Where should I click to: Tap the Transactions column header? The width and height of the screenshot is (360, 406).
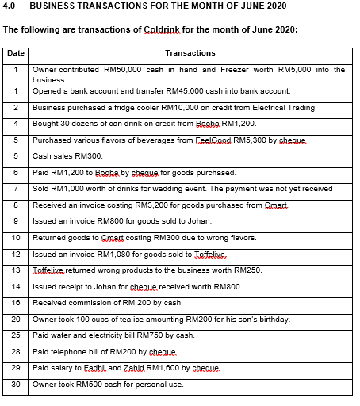pos(190,53)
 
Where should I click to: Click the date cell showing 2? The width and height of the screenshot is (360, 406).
pos(15,108)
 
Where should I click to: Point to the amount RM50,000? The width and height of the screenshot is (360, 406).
pos(121,70)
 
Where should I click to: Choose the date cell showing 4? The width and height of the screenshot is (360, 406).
pos(15,124)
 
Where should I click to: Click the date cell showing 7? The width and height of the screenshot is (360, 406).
pos(15,189)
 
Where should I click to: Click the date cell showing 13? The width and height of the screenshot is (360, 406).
pos(15,270)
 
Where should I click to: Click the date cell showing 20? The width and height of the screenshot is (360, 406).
pos(15,319)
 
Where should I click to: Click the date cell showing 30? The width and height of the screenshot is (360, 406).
pos(15,384)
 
